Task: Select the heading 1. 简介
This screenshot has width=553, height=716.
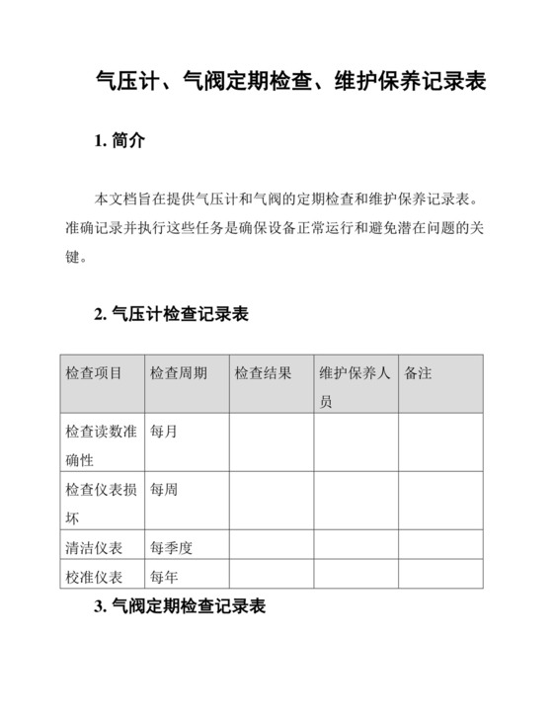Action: click(x=119, y=141)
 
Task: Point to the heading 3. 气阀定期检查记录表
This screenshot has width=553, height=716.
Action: click(x=180, y=606)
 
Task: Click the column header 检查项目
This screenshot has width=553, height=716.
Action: click(x=94, y=374)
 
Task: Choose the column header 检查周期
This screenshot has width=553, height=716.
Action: click(x=179, y=374)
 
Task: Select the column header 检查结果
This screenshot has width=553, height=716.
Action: click(x=264, y=374)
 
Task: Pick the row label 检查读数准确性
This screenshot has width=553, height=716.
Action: click(x=101, y=445)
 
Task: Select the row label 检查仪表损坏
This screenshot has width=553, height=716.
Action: click(x=101, y=503)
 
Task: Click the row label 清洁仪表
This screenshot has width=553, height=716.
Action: click(x=94, y=547)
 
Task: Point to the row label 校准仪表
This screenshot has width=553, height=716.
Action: click(x=94, y=577)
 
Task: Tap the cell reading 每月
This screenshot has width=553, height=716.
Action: click(x=164, y=432)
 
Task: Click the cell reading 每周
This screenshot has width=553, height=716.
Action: click(x=164, y=489)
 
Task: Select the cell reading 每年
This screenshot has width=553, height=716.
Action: click(x=164, y=577)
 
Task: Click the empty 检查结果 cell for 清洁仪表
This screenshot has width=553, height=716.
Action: click(x=272, y=545)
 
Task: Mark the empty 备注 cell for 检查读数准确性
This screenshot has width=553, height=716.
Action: click(x=441, y=442)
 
